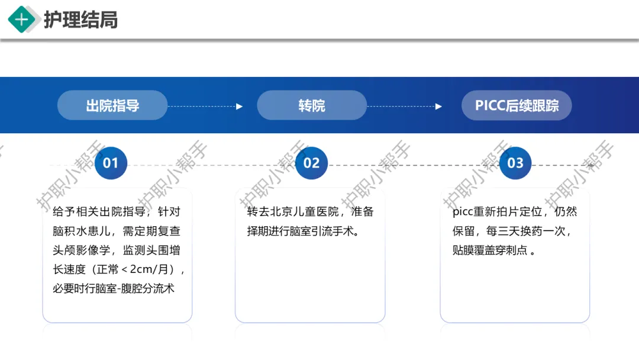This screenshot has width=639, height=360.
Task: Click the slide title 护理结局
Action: [80, 20]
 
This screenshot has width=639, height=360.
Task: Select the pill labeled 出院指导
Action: [112, 105]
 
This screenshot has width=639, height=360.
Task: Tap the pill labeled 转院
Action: [312, 105]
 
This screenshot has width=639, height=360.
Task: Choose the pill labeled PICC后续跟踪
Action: [517, 105]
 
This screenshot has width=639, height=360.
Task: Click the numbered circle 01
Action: [111, 163]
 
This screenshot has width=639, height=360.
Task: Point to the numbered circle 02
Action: [311, 163]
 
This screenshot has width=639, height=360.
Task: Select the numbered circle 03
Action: [515, 163]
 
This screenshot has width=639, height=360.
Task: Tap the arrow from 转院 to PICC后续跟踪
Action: [405, 107]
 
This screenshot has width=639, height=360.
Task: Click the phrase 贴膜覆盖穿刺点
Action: [490, 250]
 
